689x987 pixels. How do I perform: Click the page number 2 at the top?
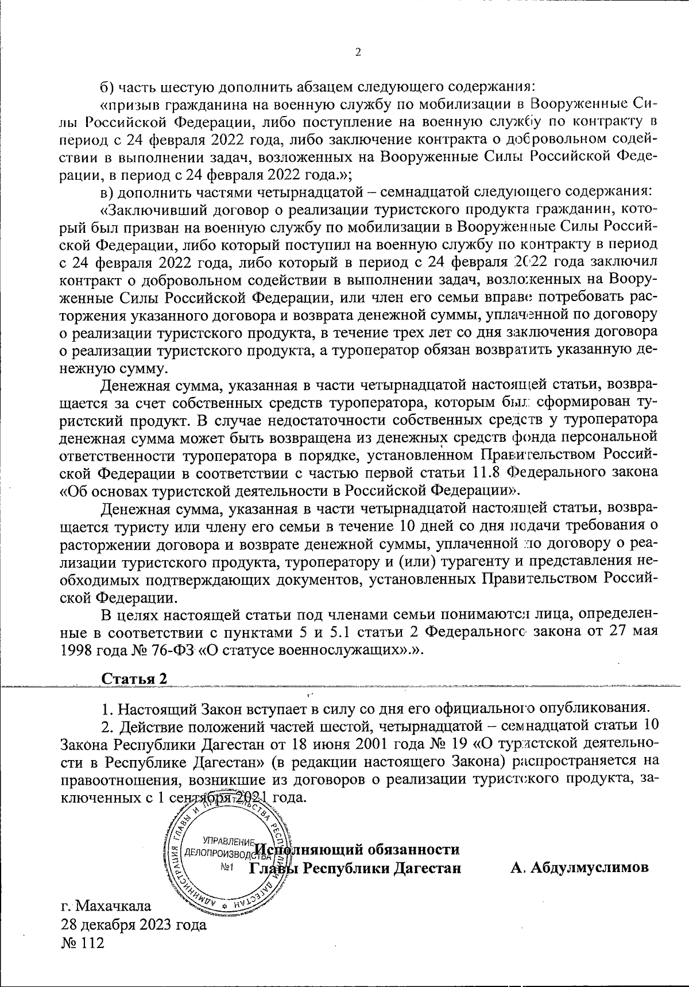click(x=358, y=53)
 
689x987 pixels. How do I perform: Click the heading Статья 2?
click(x=134, y=678)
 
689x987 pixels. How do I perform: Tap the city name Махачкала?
click(x=114, y=906)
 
